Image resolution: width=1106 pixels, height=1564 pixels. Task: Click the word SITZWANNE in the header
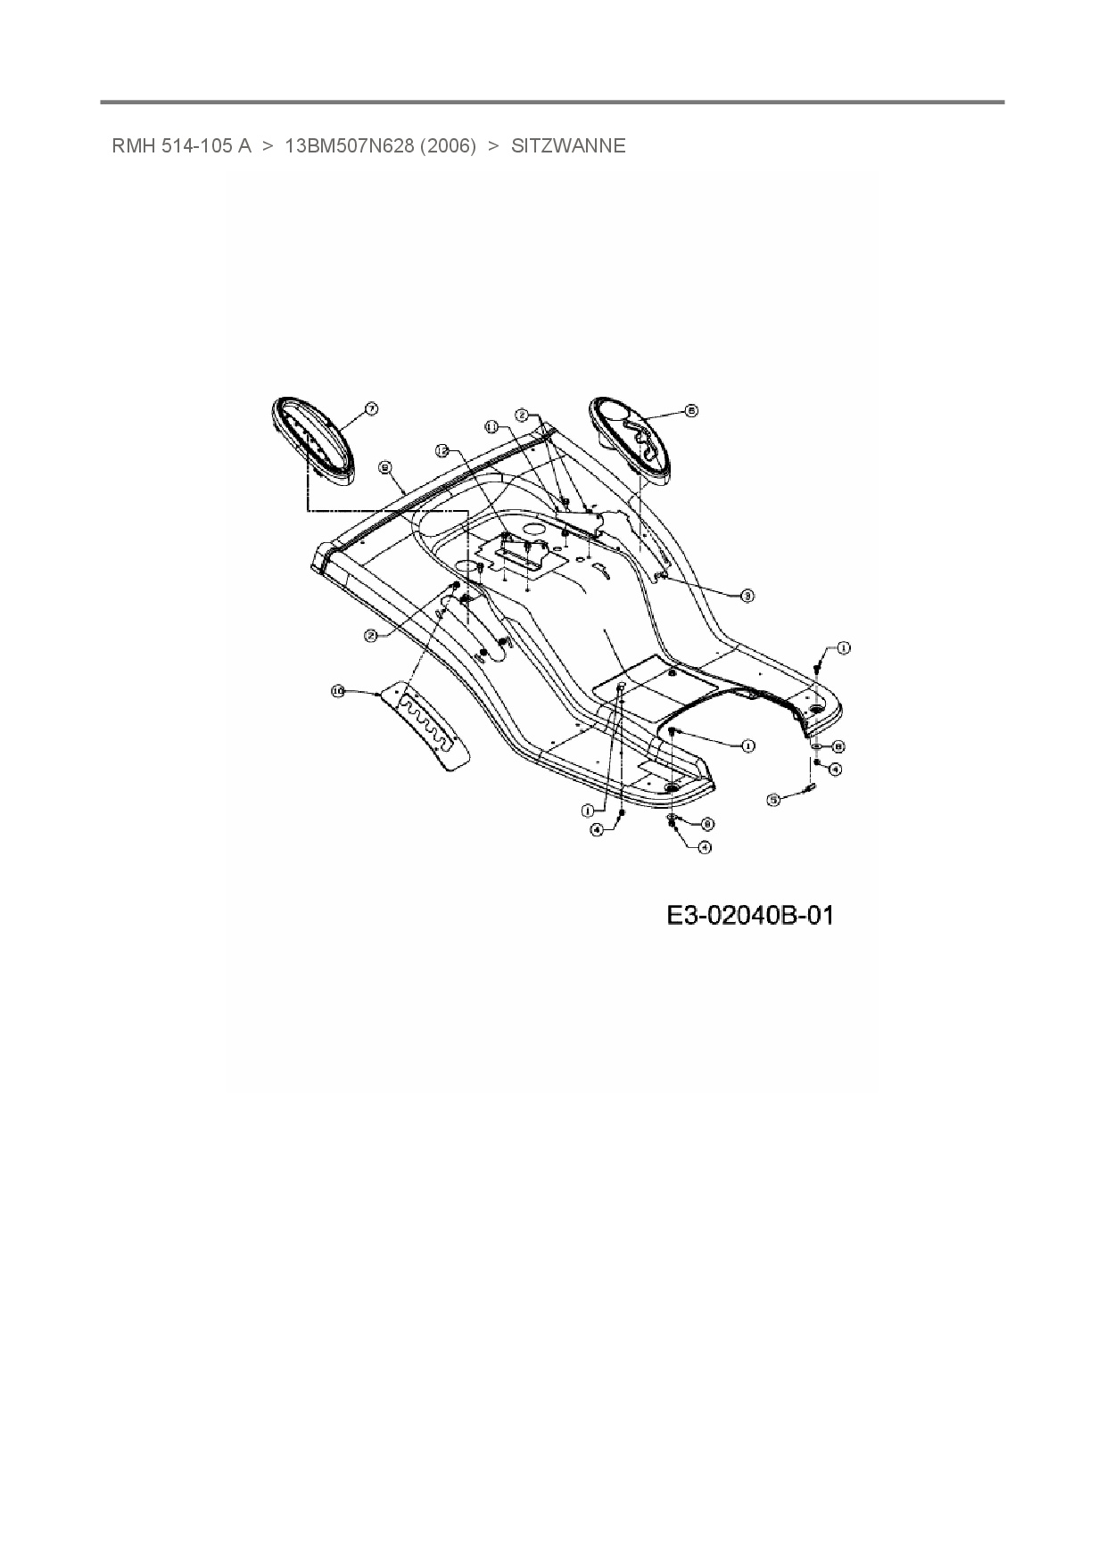[x=568, y=146]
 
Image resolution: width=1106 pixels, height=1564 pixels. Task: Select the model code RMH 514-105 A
[x=182, y=146]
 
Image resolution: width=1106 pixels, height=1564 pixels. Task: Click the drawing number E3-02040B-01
[x=750, y=916]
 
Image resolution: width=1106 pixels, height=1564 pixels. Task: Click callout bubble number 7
[x=371, y=408]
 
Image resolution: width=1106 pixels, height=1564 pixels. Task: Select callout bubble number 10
[x=338, y=691]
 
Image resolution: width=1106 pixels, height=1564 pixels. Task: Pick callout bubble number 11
[x=491, y=427]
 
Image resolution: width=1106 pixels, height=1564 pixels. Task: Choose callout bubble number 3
[x=747, y=595]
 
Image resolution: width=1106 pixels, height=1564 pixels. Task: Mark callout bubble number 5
[x=774, y=800]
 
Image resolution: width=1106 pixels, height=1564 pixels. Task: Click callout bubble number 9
[x=384, y=465]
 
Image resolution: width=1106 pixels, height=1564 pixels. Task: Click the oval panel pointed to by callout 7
[x=312, y=441]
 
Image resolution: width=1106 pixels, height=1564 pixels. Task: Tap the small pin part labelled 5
[x=812, y=786]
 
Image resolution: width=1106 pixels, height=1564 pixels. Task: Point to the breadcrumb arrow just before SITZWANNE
[x=493, y=146]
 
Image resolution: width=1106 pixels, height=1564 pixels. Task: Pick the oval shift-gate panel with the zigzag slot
[x=632, y=440]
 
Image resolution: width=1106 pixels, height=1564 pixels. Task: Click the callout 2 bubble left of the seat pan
[x=371, y=635]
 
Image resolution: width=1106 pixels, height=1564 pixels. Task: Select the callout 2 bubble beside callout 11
[x=523, y=415]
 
